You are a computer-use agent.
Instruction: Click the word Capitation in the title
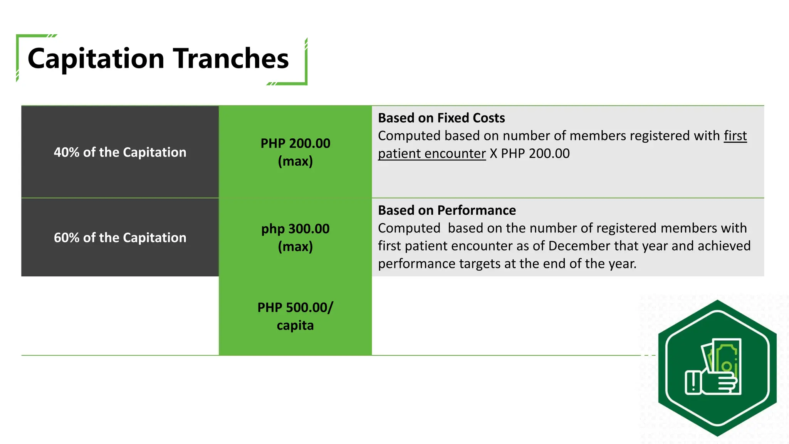[96, 59]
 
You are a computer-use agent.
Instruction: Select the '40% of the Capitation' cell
[120, 152]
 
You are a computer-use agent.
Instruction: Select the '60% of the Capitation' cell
[120, 238]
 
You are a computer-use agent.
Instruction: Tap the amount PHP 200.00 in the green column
[295, 143]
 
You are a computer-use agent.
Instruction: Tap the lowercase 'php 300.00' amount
[295, 229]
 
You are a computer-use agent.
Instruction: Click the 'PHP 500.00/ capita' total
[295, 316]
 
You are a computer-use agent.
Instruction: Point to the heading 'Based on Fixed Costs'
[441, 118]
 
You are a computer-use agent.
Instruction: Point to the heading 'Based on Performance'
[447, 210]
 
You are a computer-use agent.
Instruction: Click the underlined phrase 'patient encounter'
[431, 154]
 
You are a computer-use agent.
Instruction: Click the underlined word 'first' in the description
[735, 136]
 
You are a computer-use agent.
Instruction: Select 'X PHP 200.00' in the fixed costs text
[530, 154]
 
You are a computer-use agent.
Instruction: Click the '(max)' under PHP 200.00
[295, 161]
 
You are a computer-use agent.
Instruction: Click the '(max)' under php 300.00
[295, 247]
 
